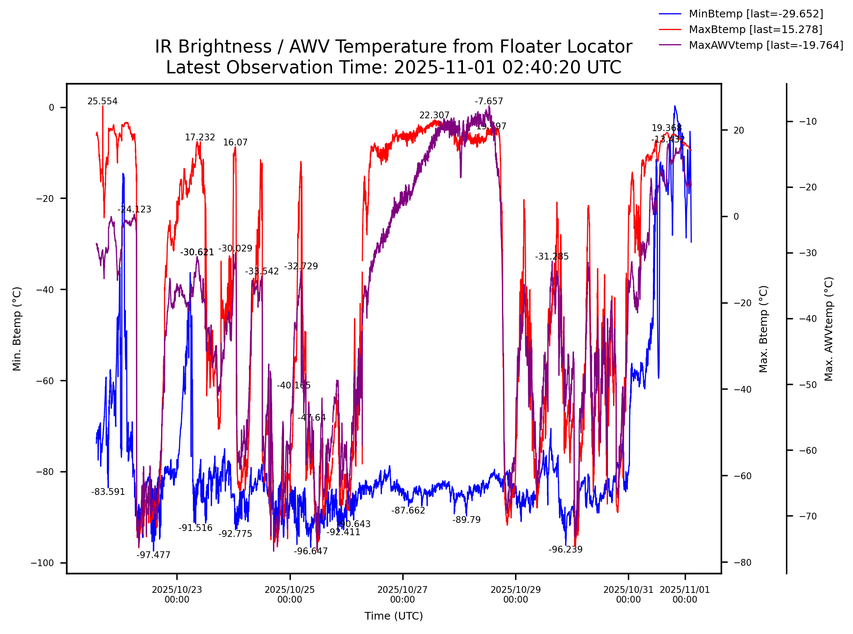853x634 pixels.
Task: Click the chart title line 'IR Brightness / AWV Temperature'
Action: pyautogui.click(x=393, y=47)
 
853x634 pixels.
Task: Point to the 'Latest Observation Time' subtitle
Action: pyautogui.click(x=393, y=67)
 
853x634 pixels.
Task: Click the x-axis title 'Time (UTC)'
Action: pyautogui.click(x=393, y=616)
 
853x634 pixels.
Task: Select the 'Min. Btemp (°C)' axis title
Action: pyautogui.click(x=17, y=329)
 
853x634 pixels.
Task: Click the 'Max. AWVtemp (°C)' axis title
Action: pyautogui.click(x=829, y=329)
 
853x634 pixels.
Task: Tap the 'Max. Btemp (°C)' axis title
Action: pyautogui.click(x=764, y=329)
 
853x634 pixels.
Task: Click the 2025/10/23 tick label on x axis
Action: pyautogui.click(x=177, y=594)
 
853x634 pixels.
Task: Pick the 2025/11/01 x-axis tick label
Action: pyautogui.click(x=685, y=594)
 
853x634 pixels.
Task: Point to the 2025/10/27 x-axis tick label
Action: pyautogui.click(x=402, y=594)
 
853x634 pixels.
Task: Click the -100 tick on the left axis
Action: pyautogui.click(x=42, y=563)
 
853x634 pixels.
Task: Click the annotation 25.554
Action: pyautogui.click(x=102, y=101)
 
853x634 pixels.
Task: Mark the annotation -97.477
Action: pyautogui.click(x=153, y=555)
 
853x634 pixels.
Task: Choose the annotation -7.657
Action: pyautogui.click(x=488, y=101)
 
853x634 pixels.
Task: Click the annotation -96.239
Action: pyautogui.click(x=565, y=550)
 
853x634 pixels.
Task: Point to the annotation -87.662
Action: pyautogui.click(x=408, y=511)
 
